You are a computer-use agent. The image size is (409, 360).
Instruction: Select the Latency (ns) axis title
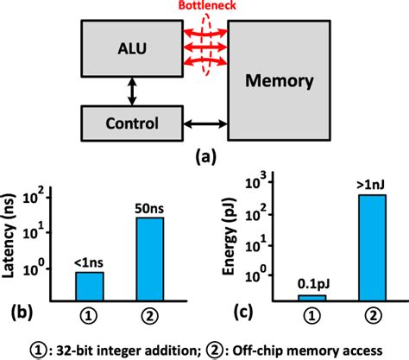(15, 243)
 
